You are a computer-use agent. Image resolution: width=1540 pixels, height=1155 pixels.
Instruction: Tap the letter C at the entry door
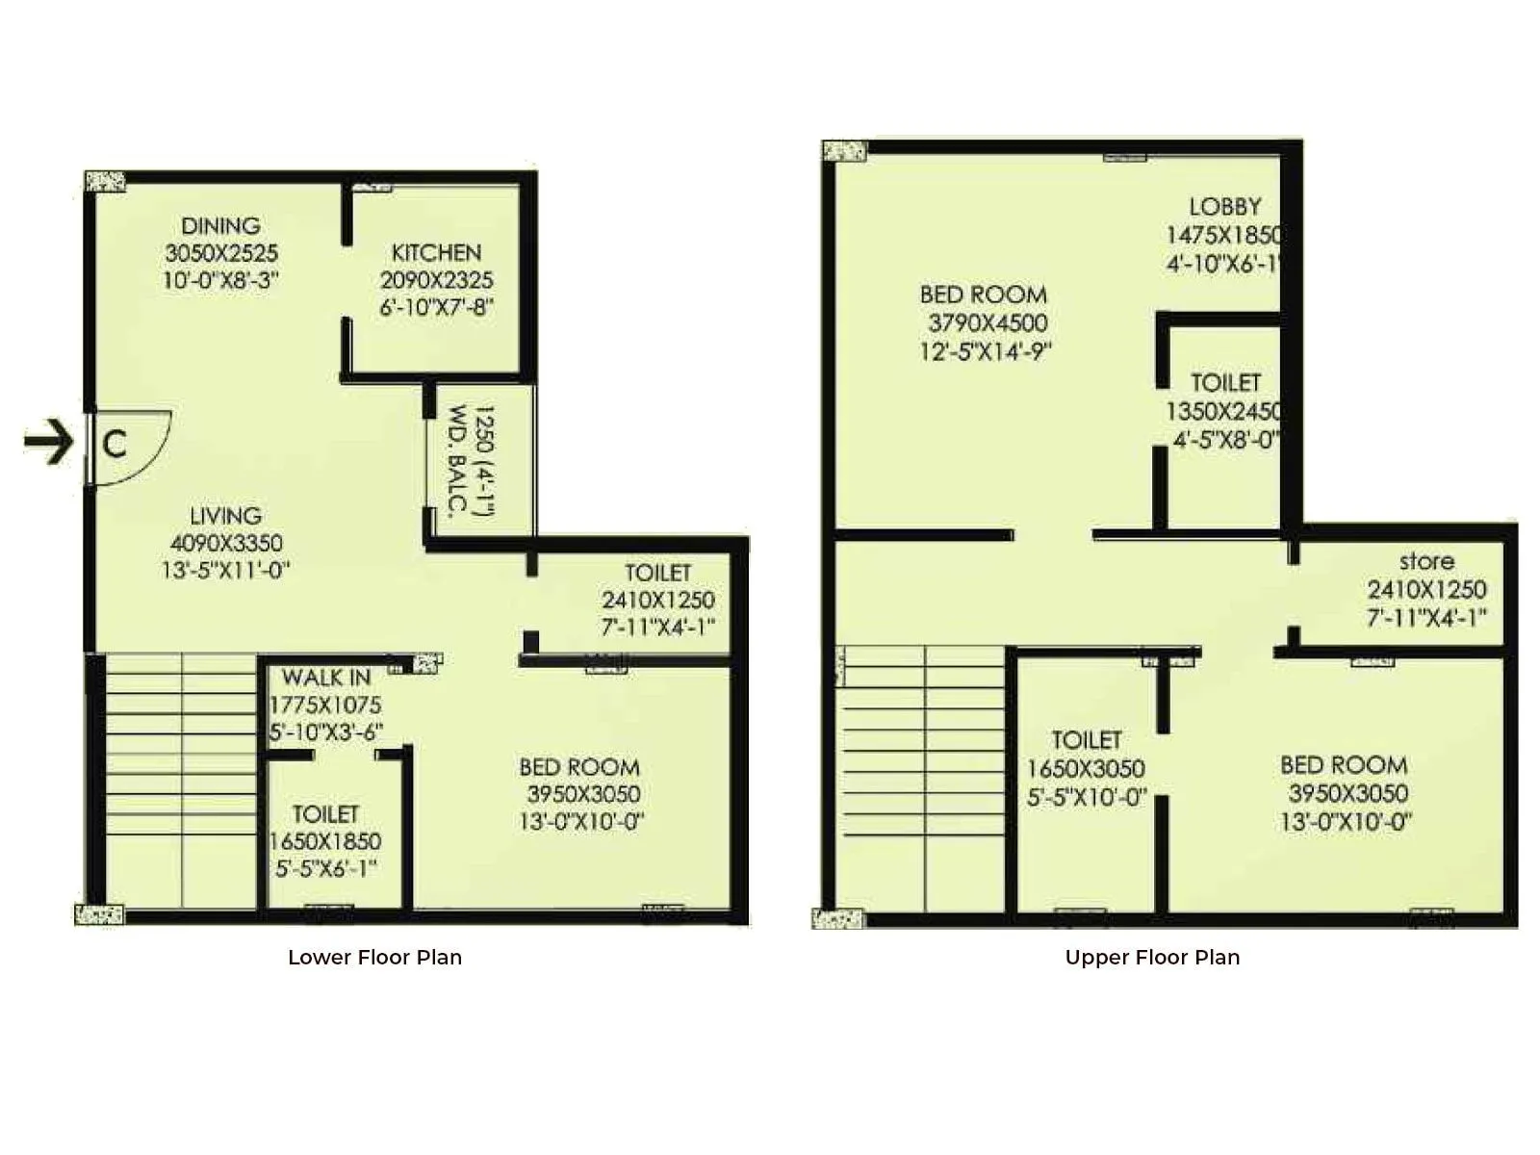115,444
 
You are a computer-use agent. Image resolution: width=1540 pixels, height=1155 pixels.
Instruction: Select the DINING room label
220,226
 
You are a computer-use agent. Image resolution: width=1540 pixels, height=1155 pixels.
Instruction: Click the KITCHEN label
436,253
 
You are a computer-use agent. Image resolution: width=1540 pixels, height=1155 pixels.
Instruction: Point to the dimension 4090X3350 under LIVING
226,543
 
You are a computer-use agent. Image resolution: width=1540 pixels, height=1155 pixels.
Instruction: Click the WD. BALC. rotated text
458,461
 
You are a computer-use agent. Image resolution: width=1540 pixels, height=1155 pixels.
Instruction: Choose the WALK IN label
325,678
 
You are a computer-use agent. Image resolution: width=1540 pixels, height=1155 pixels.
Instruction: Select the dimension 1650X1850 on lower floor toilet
325,841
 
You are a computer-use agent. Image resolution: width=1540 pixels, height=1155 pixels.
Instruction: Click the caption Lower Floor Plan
374,958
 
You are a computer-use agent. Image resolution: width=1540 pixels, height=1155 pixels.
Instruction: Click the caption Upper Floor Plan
1152,958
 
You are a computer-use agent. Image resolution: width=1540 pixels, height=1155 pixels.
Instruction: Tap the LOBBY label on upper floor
1224,207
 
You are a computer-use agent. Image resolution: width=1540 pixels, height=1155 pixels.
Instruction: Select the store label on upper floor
1426,561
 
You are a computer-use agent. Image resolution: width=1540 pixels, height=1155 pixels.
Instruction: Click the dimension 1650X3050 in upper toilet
1086,769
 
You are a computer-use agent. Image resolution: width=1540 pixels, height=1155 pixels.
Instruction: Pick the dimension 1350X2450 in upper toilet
1222,412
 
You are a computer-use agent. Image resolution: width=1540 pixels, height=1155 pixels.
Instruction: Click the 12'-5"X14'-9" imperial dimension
985,351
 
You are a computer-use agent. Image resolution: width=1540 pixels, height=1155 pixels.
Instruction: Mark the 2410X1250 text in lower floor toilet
658,601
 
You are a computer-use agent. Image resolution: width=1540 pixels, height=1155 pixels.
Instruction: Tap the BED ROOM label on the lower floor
579,767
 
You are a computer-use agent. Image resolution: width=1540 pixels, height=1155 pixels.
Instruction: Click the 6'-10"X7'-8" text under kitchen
436,308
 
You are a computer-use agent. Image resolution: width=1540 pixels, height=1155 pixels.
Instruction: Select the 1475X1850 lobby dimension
1222,236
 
